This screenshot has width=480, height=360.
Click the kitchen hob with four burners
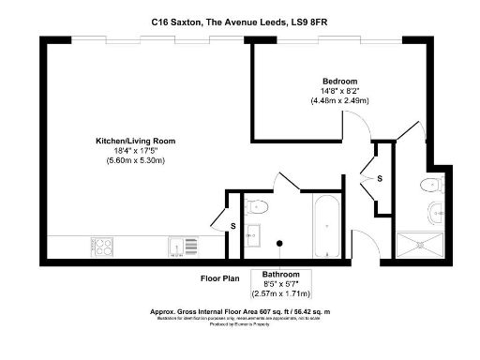tap(102, 247)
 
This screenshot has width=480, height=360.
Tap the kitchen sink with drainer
tap(184, 247)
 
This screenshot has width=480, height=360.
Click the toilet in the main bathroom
tap(258, 207)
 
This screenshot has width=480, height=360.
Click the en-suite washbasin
tap(437, 212)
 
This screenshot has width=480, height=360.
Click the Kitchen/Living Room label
tap(135, 141)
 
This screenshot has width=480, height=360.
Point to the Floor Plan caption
tap(221, 278)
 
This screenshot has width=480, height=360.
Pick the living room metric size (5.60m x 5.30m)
tap(135, 161)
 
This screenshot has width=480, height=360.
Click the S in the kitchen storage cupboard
tap(232, 226)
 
